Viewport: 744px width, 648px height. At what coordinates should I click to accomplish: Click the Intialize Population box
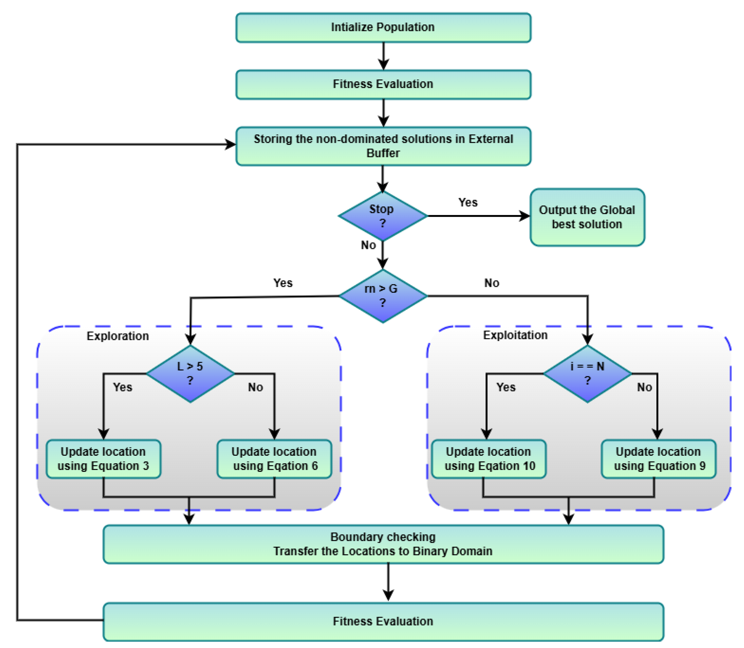(383, 27)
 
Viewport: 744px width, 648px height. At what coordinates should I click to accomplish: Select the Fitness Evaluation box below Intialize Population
(383, 84)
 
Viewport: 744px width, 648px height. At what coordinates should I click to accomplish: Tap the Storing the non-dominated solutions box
(383, 146)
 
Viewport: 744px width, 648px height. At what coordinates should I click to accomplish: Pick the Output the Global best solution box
(587, 217)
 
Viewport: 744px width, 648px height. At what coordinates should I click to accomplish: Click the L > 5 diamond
(190, 374)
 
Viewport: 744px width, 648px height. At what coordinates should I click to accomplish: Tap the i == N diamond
(587, 374)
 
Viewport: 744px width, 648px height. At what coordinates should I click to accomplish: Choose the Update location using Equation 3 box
(104, 459)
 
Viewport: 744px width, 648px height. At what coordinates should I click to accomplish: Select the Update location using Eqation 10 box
(489, 459)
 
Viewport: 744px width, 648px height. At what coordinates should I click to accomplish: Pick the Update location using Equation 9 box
(659, 459)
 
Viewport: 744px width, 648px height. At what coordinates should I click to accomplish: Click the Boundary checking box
(383, 544)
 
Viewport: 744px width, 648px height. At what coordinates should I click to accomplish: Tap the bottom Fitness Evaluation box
(383, 622)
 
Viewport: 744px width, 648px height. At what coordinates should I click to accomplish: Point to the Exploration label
(118, 336)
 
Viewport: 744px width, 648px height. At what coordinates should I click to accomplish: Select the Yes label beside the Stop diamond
(468, 203)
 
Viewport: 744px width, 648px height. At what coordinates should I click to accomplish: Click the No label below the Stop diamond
(368, 245)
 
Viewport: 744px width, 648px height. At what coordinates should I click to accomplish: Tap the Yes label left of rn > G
(283, 283)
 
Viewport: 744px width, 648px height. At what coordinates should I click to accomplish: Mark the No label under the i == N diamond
(644, 387)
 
